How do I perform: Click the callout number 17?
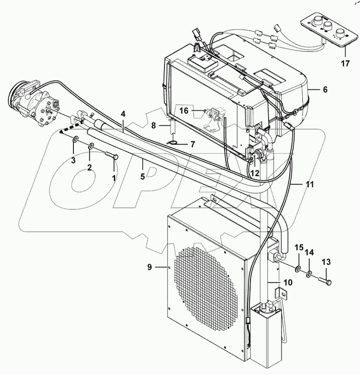coord(345,63)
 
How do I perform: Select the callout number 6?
coord(325,89)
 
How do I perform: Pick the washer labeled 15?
coord(298,269)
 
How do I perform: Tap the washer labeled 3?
coord(76,140)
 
